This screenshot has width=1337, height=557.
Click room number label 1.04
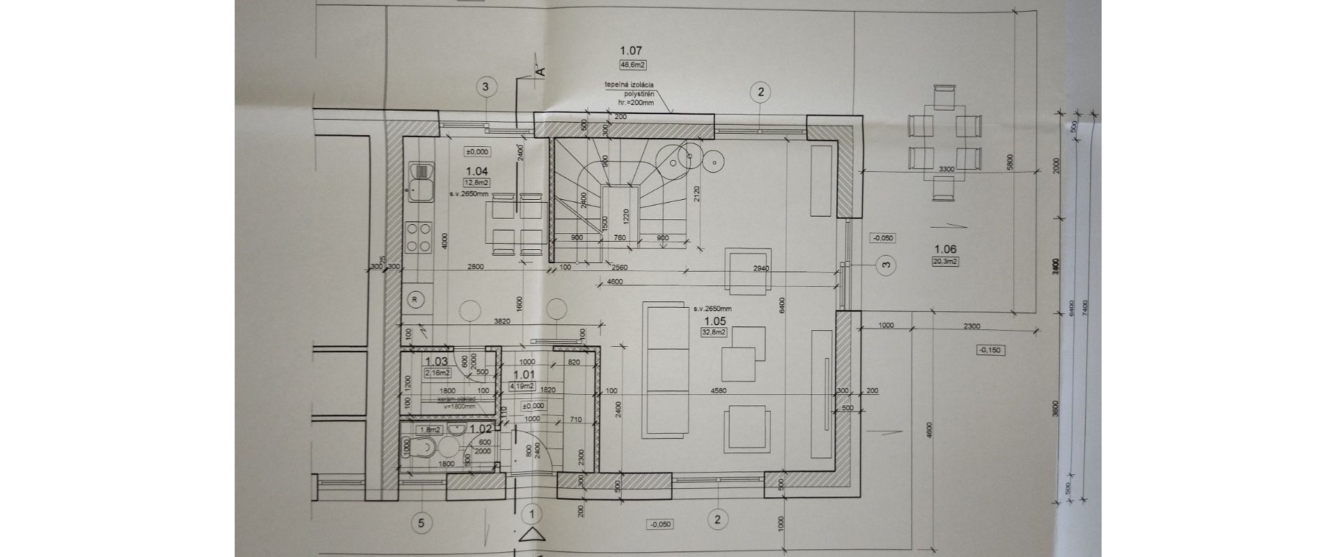click(477, 171)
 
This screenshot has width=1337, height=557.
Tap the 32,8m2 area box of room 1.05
click(715, 333)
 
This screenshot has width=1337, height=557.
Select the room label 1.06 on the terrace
click(945, 249)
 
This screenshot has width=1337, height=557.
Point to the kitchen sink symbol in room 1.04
click(421, 178)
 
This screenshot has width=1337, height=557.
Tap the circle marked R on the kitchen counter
click(416, 298)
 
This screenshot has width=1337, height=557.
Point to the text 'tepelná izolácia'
click(629, 85)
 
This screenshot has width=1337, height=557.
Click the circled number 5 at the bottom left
click(421, 522)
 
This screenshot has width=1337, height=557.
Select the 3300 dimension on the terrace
click(946, 169)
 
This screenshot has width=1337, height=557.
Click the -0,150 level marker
click(989, 350)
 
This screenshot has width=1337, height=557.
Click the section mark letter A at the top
click(540, 70)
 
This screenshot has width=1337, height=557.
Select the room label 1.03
click(436, 361)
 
